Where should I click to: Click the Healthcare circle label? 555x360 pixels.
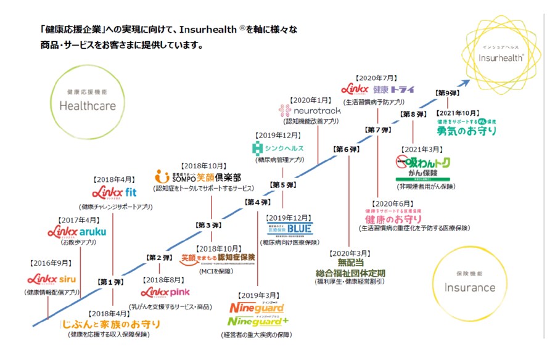[88, 105]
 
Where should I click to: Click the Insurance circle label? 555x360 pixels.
[470, 287]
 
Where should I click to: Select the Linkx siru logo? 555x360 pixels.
[51, 279]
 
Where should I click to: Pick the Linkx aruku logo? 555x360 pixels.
[76, 232]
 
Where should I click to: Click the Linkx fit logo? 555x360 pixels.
[114, 192]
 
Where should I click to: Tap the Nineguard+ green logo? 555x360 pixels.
[258, 321]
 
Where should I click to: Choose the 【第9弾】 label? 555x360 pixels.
[447, 92]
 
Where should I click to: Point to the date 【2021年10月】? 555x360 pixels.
[458, 113]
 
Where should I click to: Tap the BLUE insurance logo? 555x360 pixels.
[290, 228]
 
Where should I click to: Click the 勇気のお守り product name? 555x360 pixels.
[467, 131]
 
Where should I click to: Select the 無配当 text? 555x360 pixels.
[350, 263]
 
